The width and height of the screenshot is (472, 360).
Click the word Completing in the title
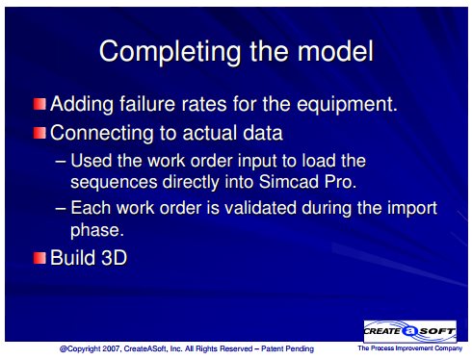[170, 52]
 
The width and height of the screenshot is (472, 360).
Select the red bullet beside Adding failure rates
[39, 104]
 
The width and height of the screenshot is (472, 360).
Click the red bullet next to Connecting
[39, 133]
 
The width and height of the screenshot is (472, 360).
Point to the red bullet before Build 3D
[39, 258]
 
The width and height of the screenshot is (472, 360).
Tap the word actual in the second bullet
[209, 133]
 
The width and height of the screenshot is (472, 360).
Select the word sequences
[114, 183]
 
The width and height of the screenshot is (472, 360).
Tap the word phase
[97, 230]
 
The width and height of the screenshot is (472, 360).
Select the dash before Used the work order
[61, 162]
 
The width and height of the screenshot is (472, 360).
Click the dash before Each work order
[61, 208]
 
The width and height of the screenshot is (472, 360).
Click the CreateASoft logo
[410, 331]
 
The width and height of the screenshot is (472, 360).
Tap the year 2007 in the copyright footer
[111, 348]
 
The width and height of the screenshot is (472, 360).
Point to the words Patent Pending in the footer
[287, 348]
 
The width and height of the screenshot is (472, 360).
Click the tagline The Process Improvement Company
[410, 348]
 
